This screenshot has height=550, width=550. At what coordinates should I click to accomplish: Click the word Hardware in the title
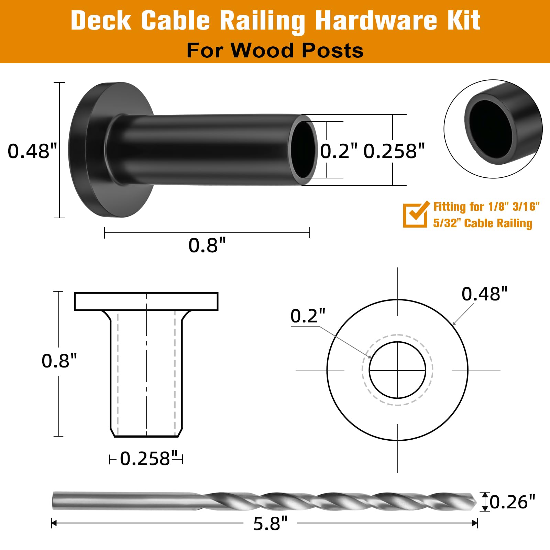point(376,21)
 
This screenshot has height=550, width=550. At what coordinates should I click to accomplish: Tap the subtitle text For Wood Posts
point(275,51)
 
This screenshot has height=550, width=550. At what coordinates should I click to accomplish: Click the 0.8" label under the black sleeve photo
point(207,245)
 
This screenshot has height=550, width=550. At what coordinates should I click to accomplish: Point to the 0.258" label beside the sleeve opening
point(394,151)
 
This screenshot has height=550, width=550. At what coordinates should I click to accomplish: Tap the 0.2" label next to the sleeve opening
point(339,151)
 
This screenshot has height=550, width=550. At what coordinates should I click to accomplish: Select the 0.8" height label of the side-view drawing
point(59,361)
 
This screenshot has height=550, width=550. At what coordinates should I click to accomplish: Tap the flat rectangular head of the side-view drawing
point(146,301)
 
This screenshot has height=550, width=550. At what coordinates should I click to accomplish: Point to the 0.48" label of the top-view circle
point(484,294)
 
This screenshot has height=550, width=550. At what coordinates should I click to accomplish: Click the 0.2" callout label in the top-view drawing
point(307,316)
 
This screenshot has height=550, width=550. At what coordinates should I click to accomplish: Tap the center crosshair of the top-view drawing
point(398,371)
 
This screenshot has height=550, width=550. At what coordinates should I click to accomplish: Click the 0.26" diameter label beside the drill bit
point(512,502)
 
